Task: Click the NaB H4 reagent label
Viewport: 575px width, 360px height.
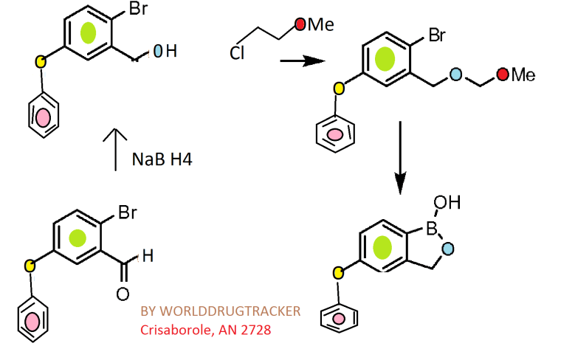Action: pyautogui.click(x=162, y=159)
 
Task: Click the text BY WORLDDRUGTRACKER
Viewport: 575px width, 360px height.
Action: pyautogui.click(x=221, y=311)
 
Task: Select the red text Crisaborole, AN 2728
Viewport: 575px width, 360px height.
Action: pyautogui.click(x=206, y=330)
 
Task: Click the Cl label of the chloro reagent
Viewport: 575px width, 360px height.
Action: pyautogui.click(x=237, y=53)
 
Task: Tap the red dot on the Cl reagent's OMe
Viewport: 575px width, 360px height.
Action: pyautogui.click(x=300, y=25)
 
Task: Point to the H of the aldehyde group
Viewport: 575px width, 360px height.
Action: pyautogui.click(x=148, y=257)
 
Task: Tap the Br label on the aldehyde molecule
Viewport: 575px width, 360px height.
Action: pyautogui.click(x=127, y=215)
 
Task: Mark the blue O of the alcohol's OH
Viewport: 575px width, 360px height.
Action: pyautogui.click(x=158, y=52)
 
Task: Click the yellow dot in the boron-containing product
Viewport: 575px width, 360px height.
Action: pyautogui.click(x=339, y=274)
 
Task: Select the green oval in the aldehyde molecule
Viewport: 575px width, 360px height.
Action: pyautogui.click(x=77, y=238)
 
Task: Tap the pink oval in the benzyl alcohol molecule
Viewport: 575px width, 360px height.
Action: pyautogui.click(x=44, y=117)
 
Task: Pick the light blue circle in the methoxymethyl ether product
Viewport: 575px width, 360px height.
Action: pyautogui.click(x=455, y=75)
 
